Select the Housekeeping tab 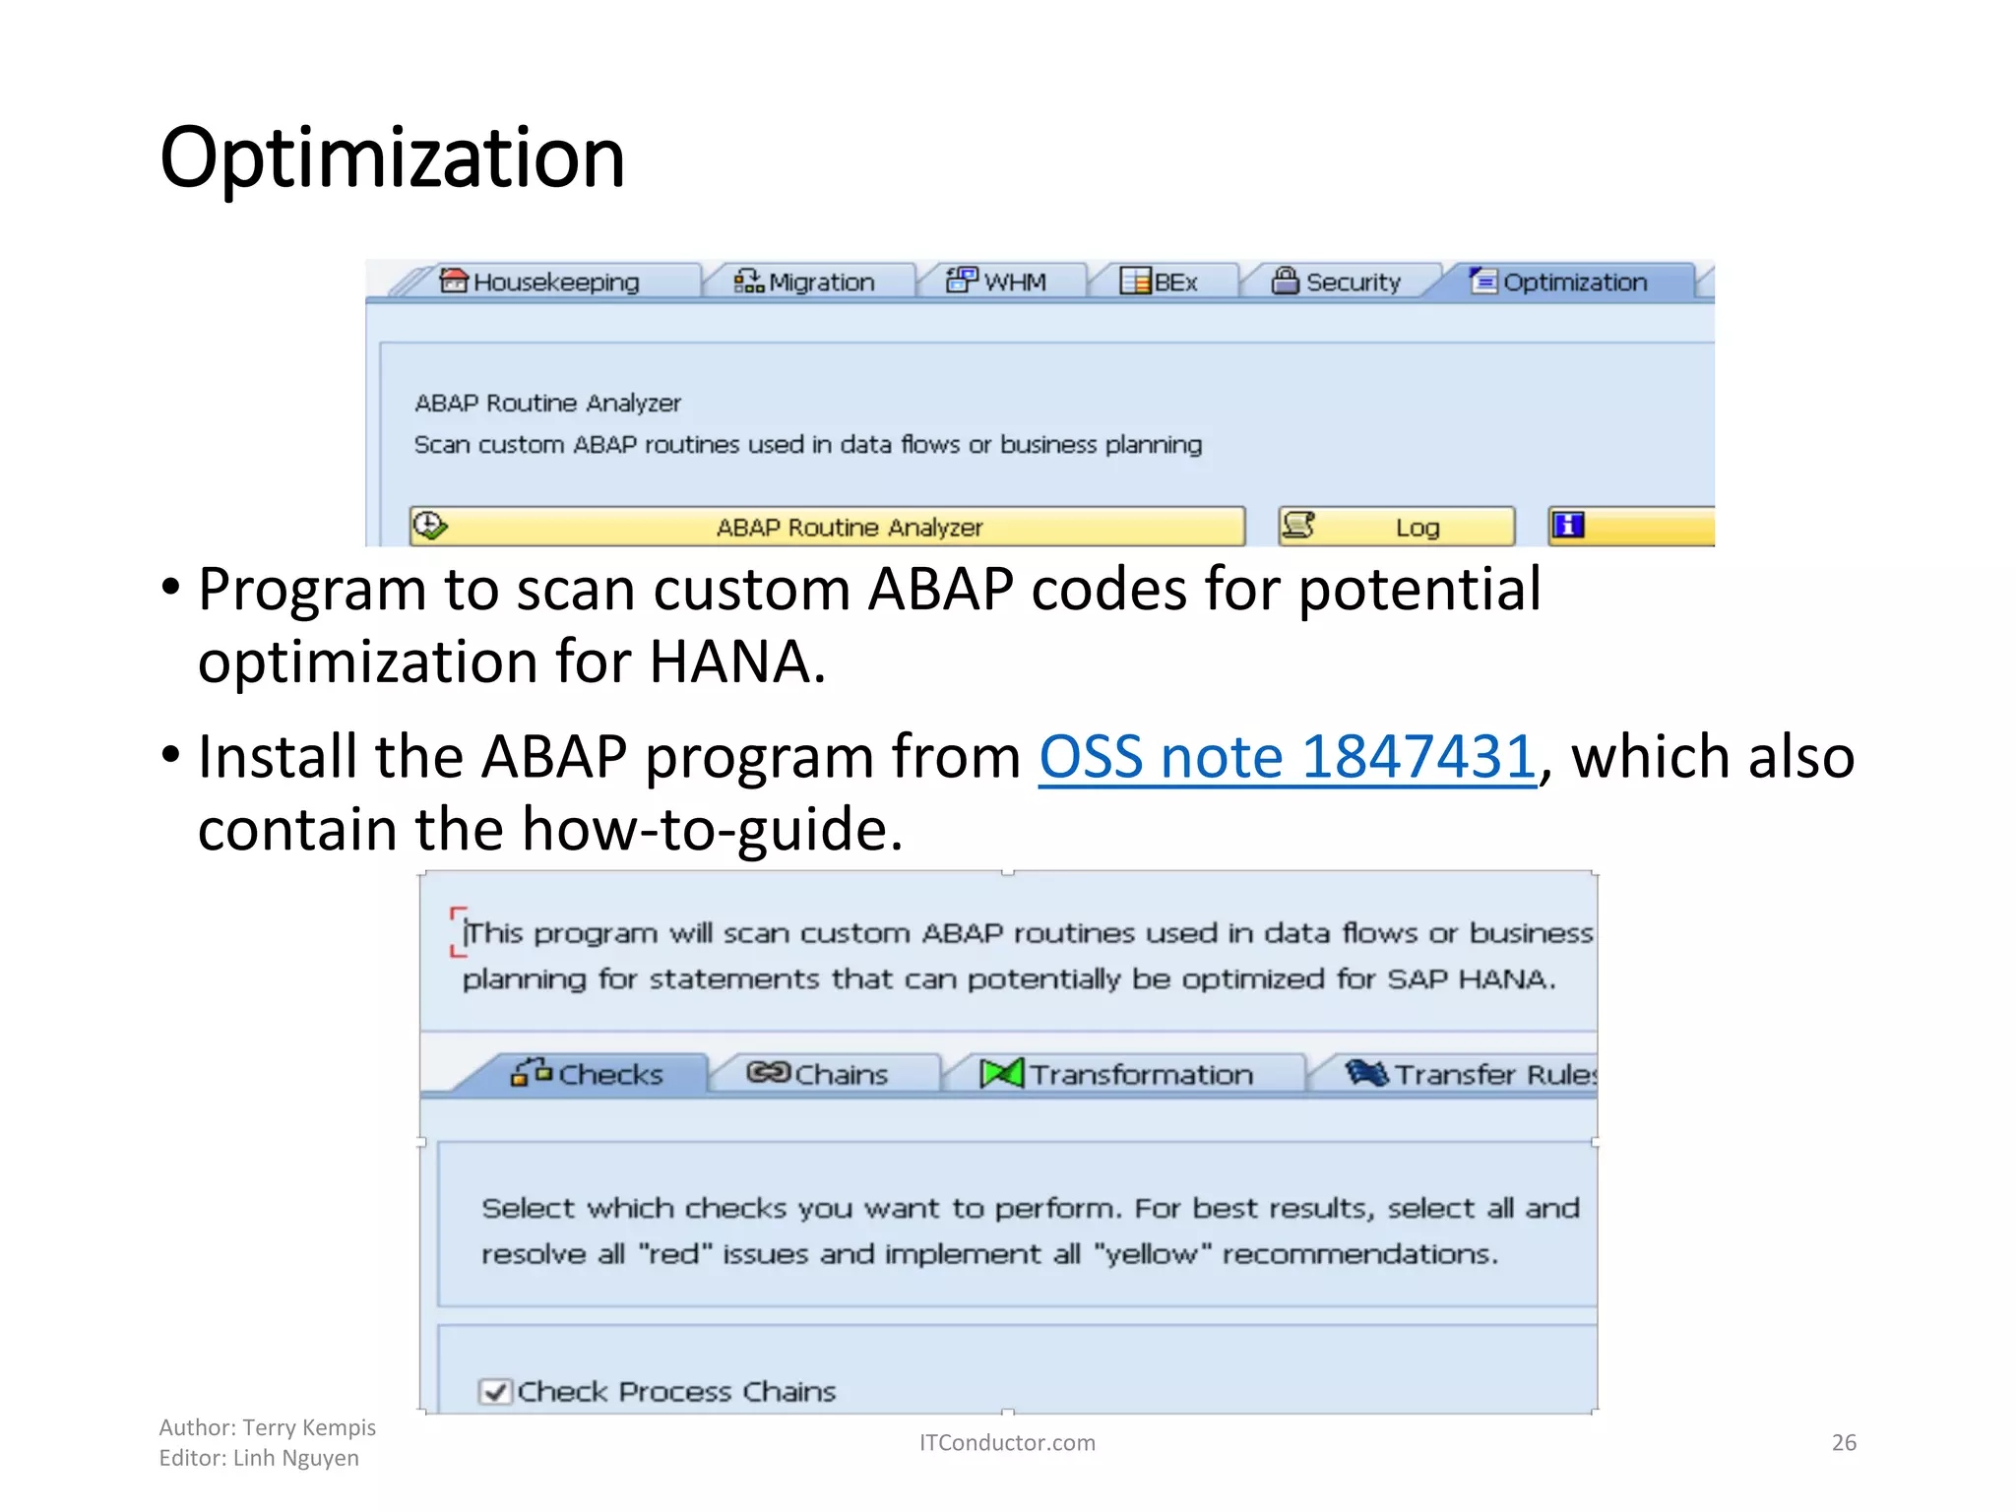coord(539,283)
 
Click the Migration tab coord(804,283)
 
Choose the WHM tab coord(996,283)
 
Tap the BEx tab coord(1160,283)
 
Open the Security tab coord(1337,283)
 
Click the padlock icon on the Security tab coord(1285,281)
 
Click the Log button coord(1396,528)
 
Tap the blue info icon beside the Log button coord(1567,526)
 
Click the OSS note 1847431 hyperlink coord(1287,757)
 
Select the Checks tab coord(588,1074)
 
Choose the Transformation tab coord(1118,1074)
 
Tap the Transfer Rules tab coord(1472,1074)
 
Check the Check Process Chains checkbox coord(494,1392)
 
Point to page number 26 coord(1843,1443)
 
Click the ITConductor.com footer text coord(1006,1443)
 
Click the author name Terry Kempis coord(309,1427)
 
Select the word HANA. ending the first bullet coord(736,661)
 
